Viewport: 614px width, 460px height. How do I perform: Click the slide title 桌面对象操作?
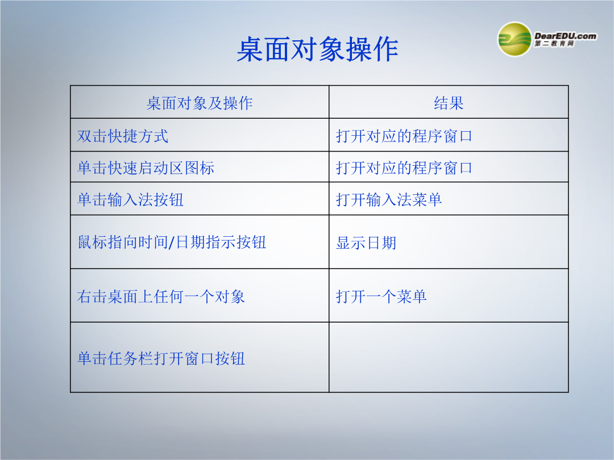point(318,49)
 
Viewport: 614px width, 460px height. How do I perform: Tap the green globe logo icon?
point(515,39)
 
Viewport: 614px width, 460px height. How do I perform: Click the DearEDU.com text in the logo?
point(565,36)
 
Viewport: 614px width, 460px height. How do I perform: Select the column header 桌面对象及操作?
point(200,103)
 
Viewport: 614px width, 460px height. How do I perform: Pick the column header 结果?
point(449,103)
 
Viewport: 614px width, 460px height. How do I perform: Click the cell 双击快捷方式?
point(123,136)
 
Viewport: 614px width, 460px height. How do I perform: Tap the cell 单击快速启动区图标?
point(146,168)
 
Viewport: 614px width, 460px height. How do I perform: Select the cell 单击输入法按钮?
point(130,199)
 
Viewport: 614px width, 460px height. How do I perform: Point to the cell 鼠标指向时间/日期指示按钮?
point(172,242)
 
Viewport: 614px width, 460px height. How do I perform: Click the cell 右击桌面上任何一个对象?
point(161,296)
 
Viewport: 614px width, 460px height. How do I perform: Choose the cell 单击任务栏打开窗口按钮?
point(161,358)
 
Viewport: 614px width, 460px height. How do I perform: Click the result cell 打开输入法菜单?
point(389,199)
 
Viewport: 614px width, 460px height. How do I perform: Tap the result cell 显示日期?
point(366,243)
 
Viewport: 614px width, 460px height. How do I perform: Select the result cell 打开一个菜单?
point(381,296)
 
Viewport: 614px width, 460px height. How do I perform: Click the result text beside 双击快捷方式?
point(404,136)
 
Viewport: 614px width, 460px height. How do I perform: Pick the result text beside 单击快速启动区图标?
point(404,168)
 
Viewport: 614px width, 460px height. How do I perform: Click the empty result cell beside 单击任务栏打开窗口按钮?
point(449,357)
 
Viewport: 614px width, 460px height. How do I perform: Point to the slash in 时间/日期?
point(171,242)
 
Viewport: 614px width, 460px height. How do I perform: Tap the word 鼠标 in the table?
point(93,242)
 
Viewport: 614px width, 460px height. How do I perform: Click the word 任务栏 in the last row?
point(130,358)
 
